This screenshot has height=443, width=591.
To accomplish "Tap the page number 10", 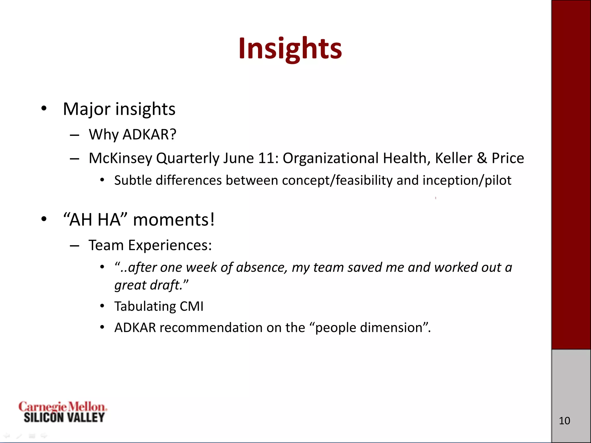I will (x=564, y=421).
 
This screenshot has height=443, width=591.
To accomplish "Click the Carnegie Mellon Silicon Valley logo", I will (x=63, y=412).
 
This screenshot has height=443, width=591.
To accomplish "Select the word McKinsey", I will (x=120, y=158).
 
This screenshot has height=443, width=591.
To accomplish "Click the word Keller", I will (x=453, y=158).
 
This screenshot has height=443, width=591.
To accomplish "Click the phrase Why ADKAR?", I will (x=132, y=134).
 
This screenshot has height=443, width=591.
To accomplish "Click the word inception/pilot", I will (x=467, y=180).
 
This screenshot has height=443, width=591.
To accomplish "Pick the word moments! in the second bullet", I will (x=174, y=220).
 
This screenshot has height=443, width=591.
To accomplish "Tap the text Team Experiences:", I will (x=150, y=245).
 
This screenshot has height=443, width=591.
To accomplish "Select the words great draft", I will (x=151, y=285).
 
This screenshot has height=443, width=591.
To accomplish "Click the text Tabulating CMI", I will (x=159, y=306).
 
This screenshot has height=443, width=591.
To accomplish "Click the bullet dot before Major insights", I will (x=44, y=109).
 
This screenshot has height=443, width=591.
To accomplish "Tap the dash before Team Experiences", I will (x=74, y=245).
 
